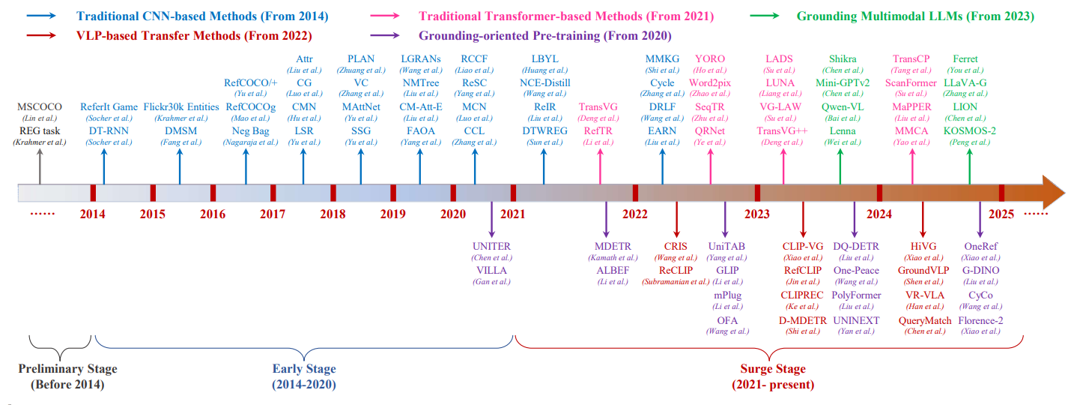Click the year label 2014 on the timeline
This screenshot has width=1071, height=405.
93,214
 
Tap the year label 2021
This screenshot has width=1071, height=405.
513,214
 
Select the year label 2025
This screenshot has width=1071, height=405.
1001,214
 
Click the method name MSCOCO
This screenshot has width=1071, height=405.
40,107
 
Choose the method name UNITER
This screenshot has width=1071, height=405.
491,246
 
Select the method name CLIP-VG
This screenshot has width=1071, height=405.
803,246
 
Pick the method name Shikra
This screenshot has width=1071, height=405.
843,59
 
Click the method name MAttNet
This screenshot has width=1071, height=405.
361,107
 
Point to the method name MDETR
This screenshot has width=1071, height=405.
613,246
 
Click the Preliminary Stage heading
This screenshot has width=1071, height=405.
67,369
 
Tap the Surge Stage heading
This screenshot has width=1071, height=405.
773,369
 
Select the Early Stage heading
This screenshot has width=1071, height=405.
304,369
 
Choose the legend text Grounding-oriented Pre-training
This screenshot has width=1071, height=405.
544,35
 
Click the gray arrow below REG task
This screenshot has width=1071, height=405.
40,165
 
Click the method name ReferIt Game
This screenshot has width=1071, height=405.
109,107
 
